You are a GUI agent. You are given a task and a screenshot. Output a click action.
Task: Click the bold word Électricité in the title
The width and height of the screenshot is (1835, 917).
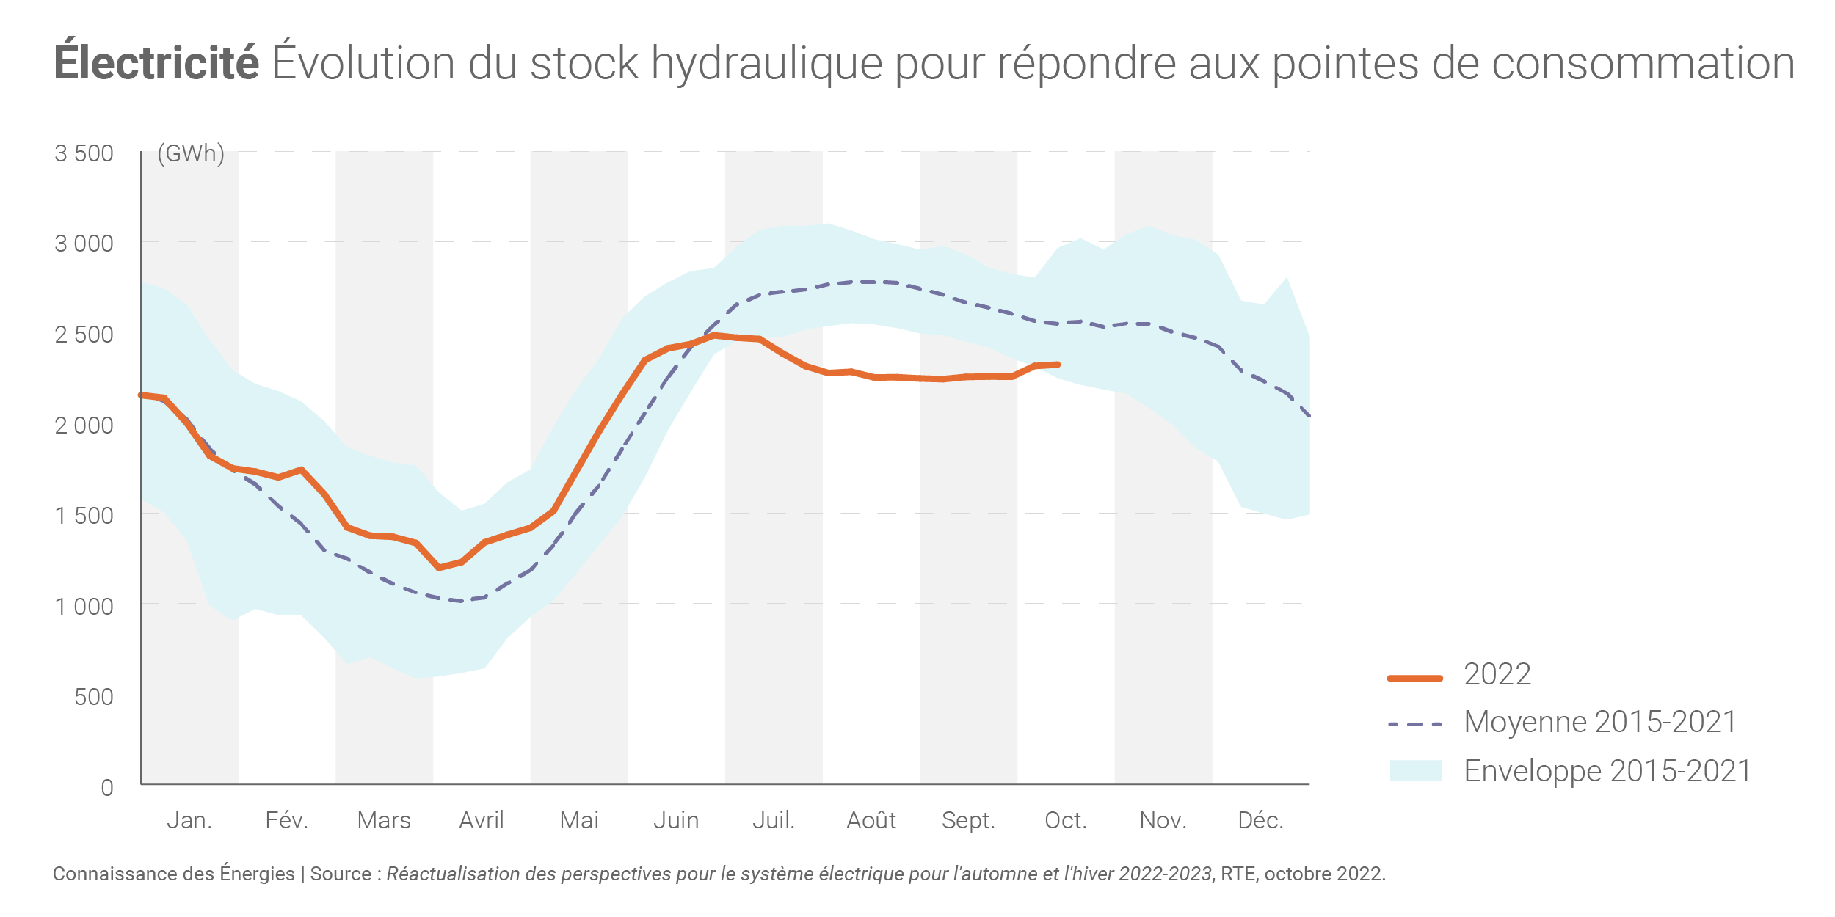[156, 63]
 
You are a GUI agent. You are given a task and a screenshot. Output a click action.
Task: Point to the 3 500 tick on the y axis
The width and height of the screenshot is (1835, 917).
[84, 153]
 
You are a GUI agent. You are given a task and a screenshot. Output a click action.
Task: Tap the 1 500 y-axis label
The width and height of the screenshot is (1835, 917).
[84, 516]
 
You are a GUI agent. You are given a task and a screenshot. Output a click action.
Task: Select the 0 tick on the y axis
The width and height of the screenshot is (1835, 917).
[107, 788]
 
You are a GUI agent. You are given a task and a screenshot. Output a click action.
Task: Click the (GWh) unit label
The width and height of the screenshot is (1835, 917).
[191, 153]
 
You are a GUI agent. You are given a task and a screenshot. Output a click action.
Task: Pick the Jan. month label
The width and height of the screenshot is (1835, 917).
[189, 820]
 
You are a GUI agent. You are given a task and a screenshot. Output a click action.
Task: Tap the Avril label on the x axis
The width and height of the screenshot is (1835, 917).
[482, 820]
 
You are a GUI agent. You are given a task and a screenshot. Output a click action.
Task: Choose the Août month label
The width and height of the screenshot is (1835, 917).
[871, 820]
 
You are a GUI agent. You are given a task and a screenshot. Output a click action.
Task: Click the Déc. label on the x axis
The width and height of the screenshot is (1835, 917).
[1260, 820]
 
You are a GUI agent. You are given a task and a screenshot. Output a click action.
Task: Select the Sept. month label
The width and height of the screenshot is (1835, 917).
[968, 820]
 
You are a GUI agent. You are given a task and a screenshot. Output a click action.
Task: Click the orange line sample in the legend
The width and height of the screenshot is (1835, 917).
[1415, 678]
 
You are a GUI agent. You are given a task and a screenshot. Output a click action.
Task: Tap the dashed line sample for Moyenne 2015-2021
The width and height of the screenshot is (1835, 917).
[1415, 725]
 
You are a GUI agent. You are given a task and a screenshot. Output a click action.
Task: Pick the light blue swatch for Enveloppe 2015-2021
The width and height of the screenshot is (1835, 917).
[1415, 770]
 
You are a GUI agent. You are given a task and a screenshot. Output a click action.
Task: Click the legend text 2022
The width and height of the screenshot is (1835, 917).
[1497, 674]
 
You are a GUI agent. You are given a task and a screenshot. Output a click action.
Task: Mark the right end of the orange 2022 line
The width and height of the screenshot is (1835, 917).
[1058, 365]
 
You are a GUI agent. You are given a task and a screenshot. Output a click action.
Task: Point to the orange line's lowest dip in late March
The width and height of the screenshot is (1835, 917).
[439, 568]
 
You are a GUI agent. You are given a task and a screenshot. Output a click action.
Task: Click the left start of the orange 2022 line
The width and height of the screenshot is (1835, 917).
[142, 395]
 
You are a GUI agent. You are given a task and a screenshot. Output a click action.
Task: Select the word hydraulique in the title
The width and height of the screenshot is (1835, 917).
[766, 63]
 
